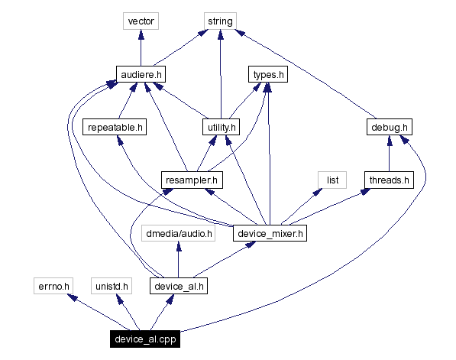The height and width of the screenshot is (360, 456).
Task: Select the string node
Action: pos(220,21)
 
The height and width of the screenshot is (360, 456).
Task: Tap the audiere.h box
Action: pos(141,74)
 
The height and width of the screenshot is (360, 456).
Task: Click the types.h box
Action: pos(267,74)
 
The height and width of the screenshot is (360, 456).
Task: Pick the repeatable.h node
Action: pos(115,127)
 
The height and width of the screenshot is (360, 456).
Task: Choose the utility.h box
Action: pos(220,127)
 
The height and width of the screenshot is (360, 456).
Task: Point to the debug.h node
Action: pos(389,127)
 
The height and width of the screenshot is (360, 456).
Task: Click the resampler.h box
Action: pos(192,180)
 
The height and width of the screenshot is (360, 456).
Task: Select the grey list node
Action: pos(332,180)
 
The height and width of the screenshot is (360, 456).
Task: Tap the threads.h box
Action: pos(389,180)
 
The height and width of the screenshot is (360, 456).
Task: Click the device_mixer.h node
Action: pos(270,233)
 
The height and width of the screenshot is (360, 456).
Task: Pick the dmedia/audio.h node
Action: pos(178,233)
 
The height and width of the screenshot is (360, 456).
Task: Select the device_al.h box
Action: pos(178,286)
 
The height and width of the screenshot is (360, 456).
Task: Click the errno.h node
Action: pos(53,286)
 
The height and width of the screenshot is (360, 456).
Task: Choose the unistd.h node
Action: pos(111,286)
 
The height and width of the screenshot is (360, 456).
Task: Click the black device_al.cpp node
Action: pos(144,339)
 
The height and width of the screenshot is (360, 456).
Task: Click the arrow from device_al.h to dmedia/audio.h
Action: pos(178,260)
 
